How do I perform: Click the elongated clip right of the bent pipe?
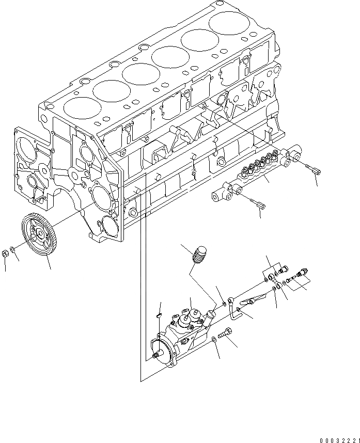256,298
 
